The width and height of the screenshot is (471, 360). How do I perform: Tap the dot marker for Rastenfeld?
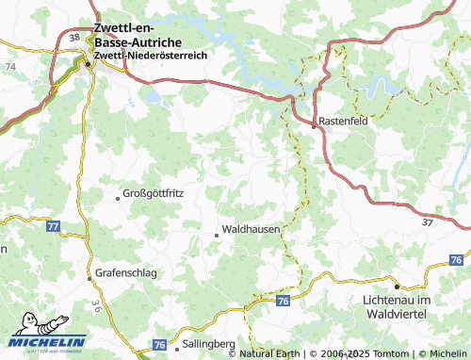coord(315,124)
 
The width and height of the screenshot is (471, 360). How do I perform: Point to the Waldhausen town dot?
coord(217,234)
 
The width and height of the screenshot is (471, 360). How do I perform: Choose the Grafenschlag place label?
coord(125,273)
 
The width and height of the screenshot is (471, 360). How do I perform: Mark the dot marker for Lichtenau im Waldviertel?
coord(397,286)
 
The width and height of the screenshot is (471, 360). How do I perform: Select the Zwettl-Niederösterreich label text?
coord(156,57)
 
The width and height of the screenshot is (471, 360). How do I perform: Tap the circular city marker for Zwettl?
coord(89,64)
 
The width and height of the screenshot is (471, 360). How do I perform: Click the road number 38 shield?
coord(74,37)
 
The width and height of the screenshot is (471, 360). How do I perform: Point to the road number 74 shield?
coord(9,68)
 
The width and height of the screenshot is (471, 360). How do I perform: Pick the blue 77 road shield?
coord(53,227)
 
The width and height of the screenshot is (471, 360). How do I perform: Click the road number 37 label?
coord(428,221)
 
